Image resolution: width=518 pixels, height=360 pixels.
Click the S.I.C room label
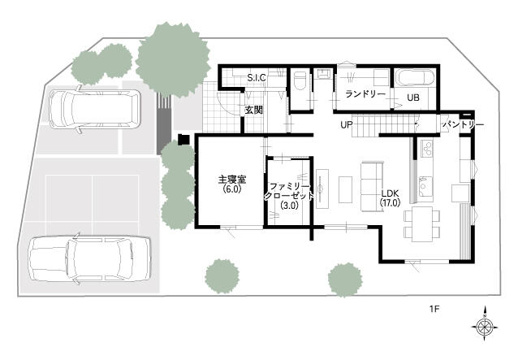click(257, 78)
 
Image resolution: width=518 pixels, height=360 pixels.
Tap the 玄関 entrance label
click(253, 110)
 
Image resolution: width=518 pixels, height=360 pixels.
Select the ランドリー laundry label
click(365, 94)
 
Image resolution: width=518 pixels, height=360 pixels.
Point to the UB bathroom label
click(413, 98)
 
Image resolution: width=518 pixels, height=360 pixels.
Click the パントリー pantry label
click(463, 125)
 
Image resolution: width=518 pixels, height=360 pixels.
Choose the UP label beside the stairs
click(347, 124)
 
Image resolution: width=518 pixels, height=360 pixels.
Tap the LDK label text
click(391, 193)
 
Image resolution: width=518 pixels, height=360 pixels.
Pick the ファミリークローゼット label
click(289, 191)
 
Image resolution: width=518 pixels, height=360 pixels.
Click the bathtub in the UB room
click(416, 77)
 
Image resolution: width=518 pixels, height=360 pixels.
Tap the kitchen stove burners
click(426, 147)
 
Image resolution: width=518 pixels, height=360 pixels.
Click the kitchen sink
click(425, 187)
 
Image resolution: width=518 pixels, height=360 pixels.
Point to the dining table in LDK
click(422, 224)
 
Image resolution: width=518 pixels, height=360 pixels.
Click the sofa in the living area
click(373, 186)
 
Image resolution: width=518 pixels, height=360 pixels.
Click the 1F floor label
click(434, 310)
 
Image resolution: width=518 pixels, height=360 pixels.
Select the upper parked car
click(95, 109)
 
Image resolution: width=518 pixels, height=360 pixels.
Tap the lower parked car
click(90, 258)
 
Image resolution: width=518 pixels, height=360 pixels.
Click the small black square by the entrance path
click(183, 139)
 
